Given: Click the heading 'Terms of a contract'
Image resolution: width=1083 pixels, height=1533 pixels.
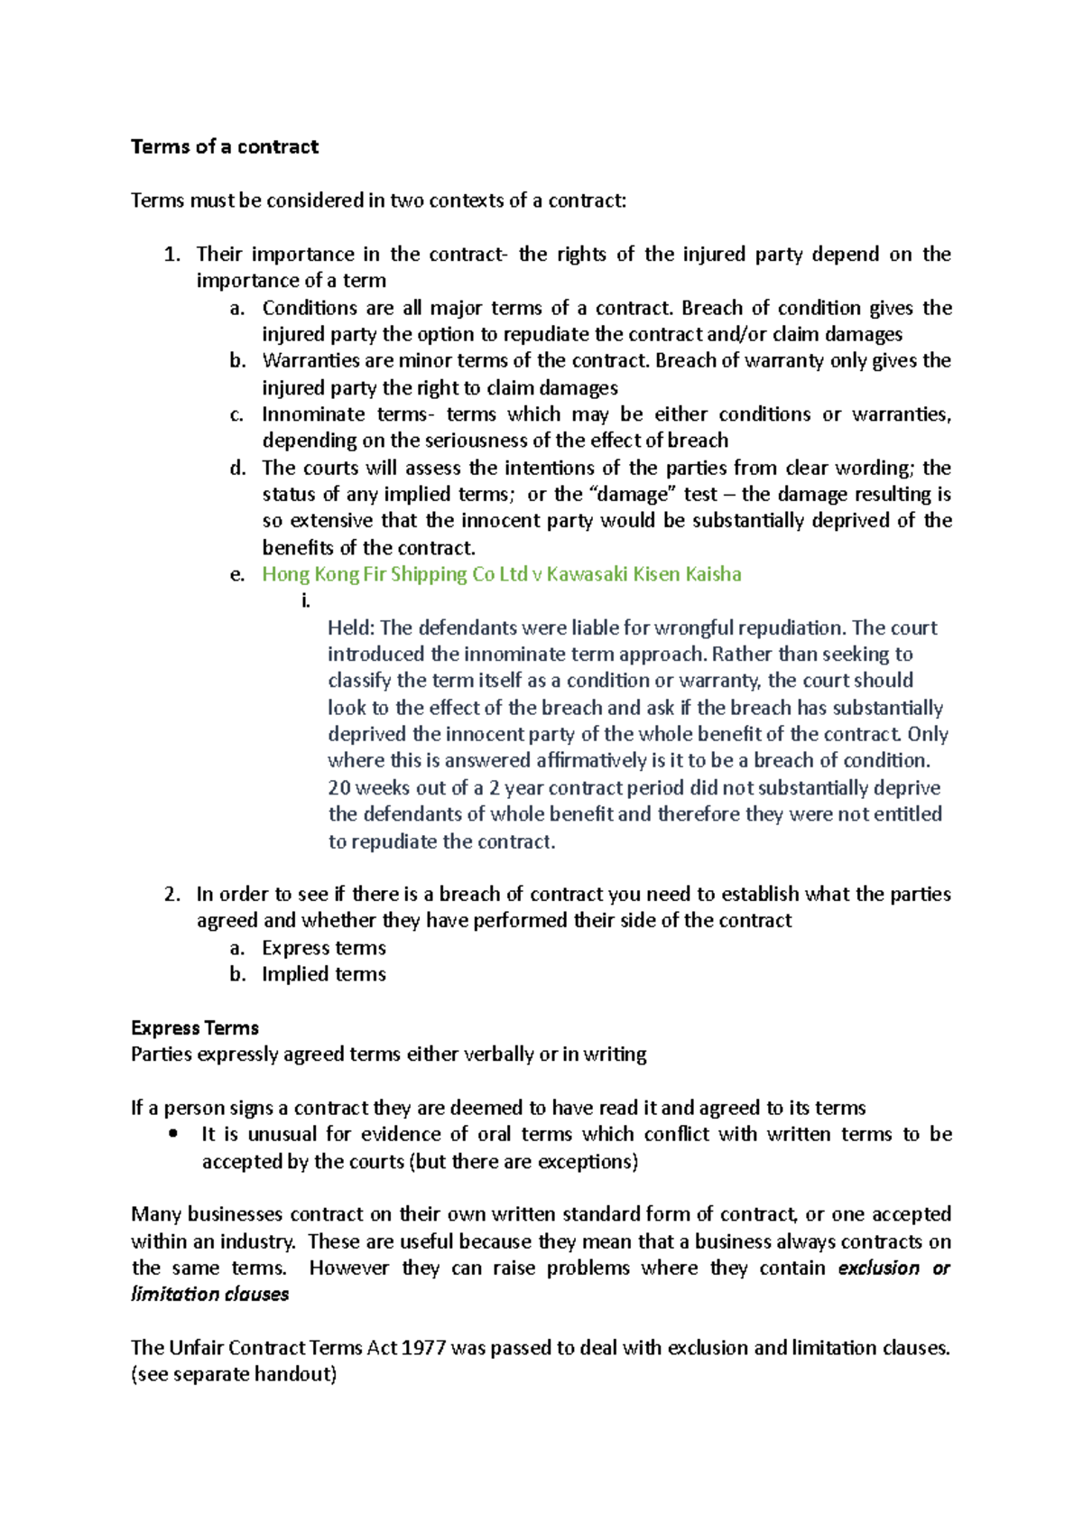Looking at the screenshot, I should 224,147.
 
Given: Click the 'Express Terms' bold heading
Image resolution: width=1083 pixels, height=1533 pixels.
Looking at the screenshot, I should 194,1027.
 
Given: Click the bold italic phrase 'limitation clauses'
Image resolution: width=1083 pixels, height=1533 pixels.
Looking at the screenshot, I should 209,1294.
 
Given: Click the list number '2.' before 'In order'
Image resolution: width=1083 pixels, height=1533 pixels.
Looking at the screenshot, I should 172,894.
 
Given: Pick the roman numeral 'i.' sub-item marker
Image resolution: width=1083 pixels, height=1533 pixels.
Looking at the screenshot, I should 306,601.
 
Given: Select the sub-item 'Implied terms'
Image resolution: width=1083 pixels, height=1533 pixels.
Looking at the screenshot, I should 323,974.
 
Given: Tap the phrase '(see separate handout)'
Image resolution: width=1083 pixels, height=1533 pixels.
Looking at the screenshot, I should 234,1374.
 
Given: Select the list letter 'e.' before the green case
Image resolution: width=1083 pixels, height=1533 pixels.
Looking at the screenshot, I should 237,574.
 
